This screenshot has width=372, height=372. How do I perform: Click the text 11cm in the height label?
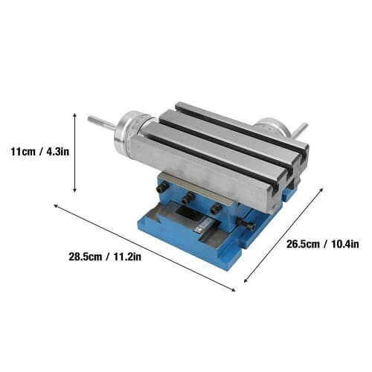click(x=23, y=151)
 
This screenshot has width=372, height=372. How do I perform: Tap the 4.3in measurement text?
click(x=57, y=151)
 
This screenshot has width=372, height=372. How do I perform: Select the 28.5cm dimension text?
click(x=86, y=257)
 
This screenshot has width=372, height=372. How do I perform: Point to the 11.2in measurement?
click(x=127, y=257)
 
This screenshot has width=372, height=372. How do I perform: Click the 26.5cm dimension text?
click(x=303, y=244)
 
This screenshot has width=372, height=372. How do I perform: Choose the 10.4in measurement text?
click(x=345, y=244)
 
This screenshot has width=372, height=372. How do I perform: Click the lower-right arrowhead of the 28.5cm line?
click(x=234, y=290)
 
